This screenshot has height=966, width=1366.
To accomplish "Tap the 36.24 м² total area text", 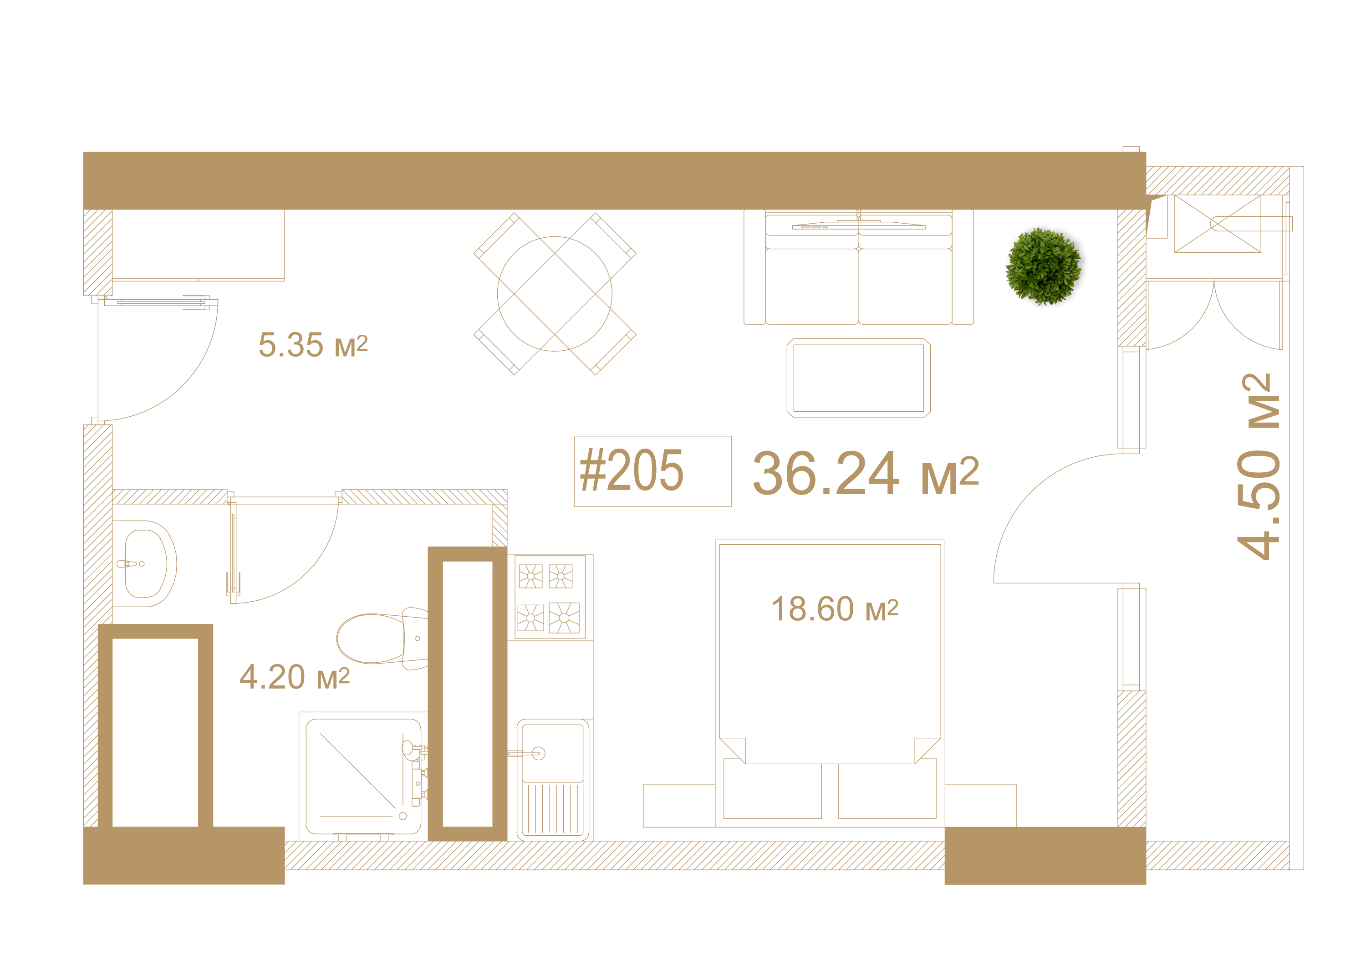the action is [866, 473].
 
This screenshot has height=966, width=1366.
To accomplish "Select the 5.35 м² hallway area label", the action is [313, 345].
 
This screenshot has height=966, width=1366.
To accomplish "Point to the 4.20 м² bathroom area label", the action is [295, 677].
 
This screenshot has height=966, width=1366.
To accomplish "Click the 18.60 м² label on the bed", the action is [835, 609].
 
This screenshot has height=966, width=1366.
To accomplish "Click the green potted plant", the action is [1044, 266].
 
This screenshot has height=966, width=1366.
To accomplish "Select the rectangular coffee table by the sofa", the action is [858, 378].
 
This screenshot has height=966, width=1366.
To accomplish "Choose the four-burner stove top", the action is [550, 597].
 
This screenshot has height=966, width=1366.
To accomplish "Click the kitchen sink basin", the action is [553, 753].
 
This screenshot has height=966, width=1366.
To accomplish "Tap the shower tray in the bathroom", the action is [363, 776].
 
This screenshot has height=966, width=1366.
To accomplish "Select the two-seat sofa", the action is [858, 267].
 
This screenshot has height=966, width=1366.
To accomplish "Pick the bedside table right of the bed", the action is [980, 805].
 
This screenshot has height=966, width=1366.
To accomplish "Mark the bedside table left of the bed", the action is [679, 805].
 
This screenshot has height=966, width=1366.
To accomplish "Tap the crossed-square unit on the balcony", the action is [1217, 224].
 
